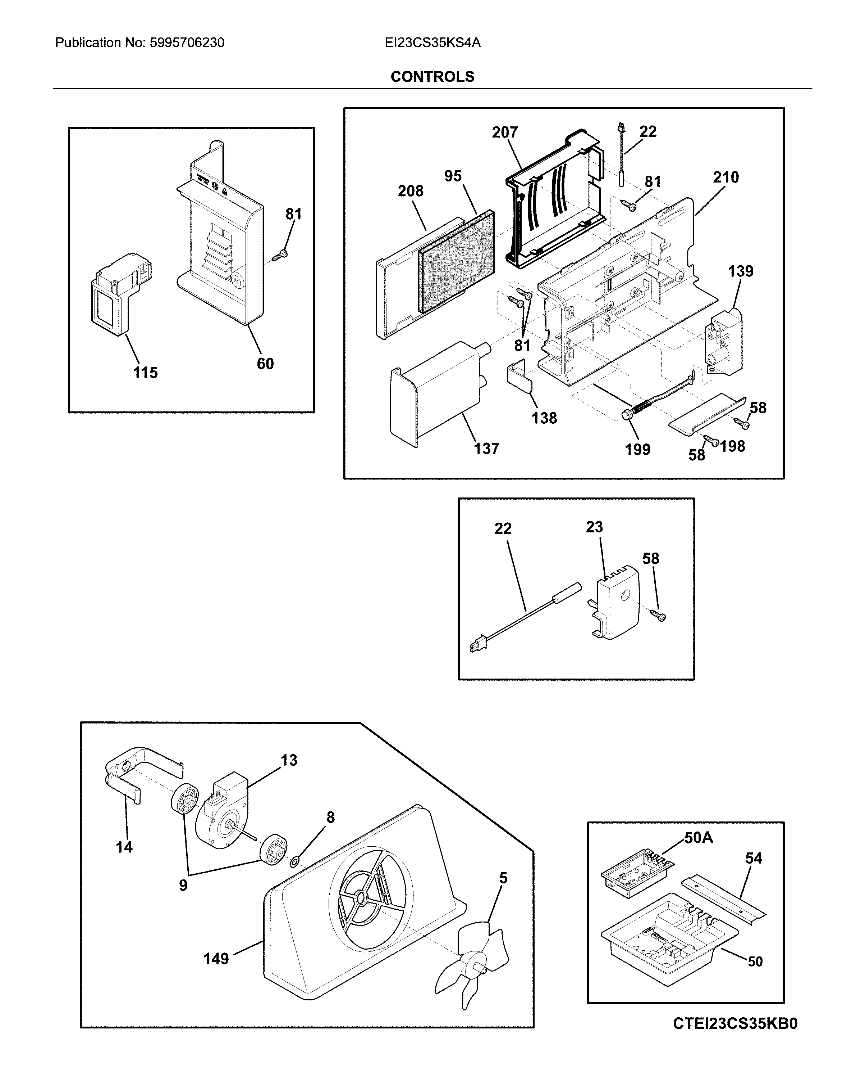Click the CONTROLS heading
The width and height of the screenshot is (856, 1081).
pyautogui.click(x=432, y=77)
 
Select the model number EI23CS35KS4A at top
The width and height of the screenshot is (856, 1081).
pyautogui.click(x=432, y=42)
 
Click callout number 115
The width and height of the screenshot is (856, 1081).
pyautogui.click(x=145, y=373)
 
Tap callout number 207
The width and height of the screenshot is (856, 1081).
pyautogui.click(x=504, y=132)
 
